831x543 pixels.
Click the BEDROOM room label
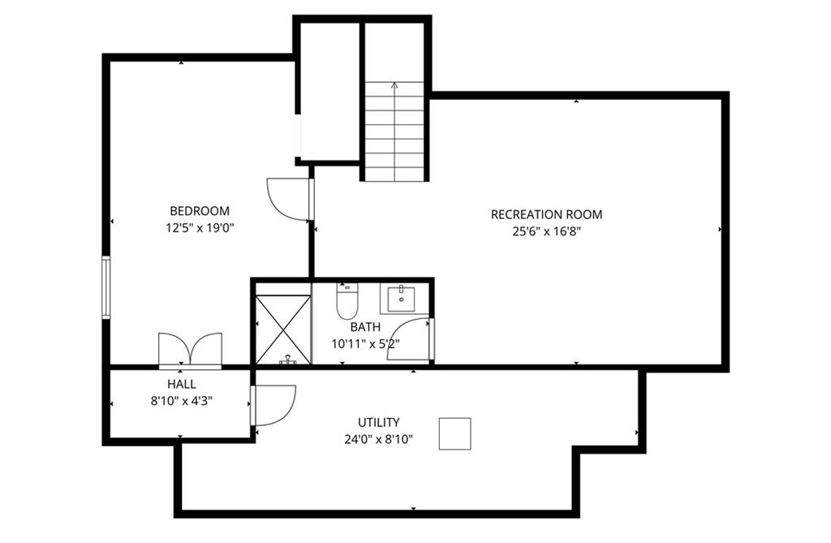[x=200, y=211]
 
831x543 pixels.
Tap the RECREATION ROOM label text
[x=546, y=215]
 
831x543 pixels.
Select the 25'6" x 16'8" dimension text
[x=547, y=232]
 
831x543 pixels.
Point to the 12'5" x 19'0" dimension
[x=200, y=228]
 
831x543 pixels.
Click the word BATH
[x=365, y=327]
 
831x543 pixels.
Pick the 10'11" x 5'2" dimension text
[x=365, y=343]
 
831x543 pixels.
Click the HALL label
[x=182, y=385]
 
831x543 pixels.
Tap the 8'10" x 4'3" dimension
[x=182, y=402]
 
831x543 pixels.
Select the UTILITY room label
[x=378, y=423]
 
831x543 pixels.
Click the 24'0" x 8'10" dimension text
[x=378, y=440]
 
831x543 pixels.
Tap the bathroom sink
[x=402, y=299]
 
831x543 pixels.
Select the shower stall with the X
[x=283, y=330]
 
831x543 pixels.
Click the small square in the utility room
[x=454, y=433]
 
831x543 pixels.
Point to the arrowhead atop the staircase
[x=394, y=85]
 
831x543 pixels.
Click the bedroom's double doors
[x=190, y=350]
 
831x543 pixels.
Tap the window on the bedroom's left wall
[x=106, y=287]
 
